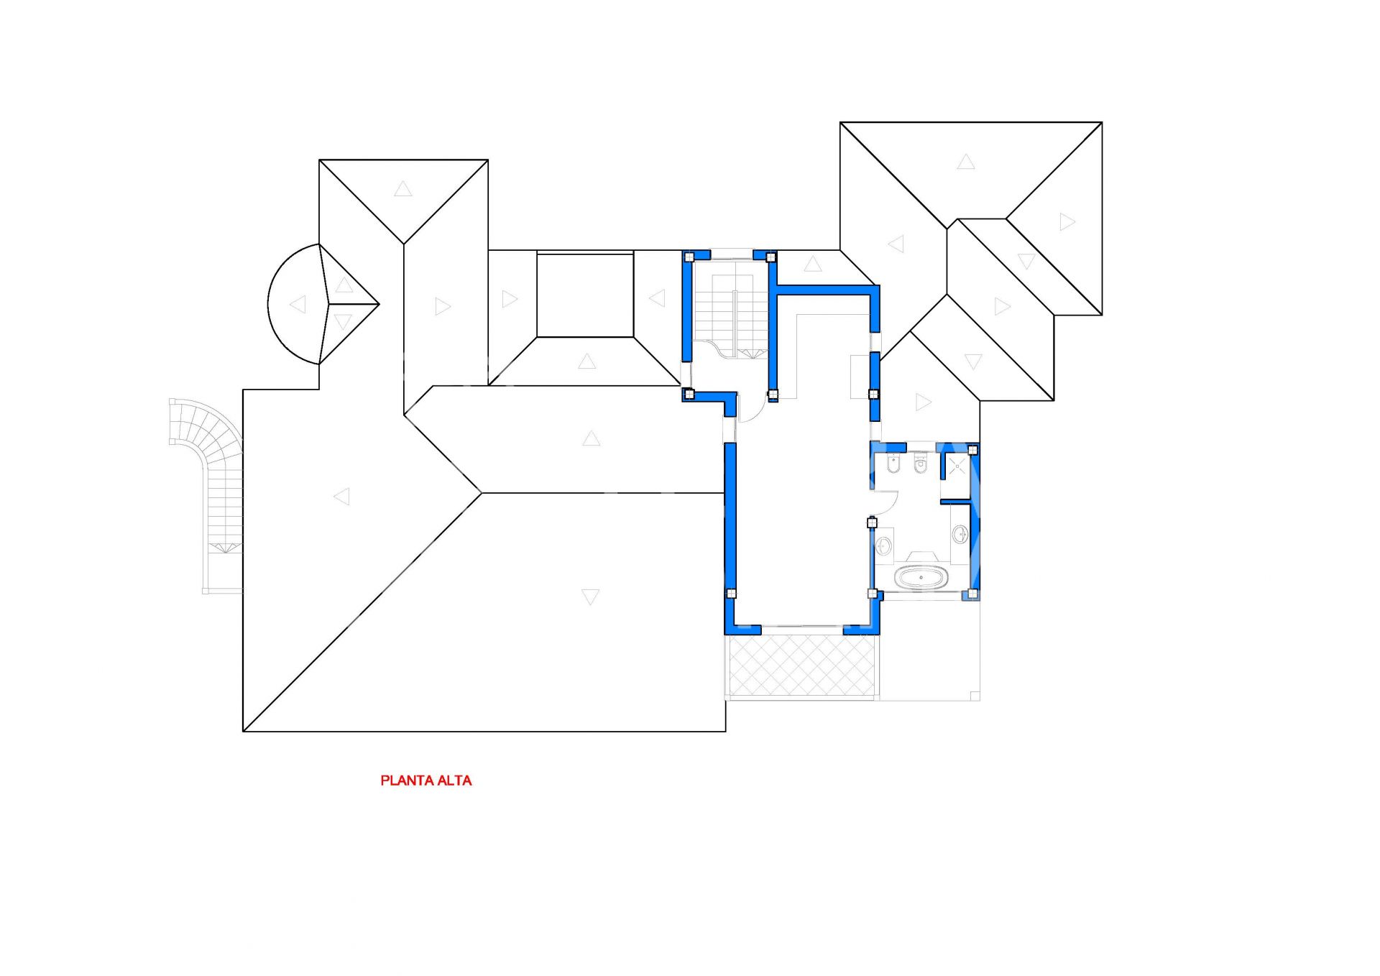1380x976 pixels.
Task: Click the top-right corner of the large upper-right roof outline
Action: [1102, 122]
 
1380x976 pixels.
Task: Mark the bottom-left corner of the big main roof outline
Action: [243, 732]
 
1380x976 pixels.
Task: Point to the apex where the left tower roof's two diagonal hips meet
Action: [404, 244]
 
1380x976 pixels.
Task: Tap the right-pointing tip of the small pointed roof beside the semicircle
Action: [379, 305]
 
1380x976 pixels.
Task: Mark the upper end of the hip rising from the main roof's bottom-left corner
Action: [482, 492]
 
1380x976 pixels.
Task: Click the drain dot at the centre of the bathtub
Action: [921, 577]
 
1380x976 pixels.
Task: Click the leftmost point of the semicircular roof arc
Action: [268, 304]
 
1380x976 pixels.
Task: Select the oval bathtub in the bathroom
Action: [921, 577]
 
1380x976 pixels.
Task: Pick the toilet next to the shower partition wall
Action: [921, 464]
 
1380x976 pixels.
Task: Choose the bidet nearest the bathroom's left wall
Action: [893, 464]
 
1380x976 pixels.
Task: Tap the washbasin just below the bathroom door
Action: [884, 546]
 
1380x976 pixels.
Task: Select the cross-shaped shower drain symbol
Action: [957, 466]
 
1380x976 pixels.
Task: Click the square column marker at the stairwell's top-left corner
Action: [689, 257]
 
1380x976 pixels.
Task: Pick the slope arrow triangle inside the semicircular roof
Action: [298, 304]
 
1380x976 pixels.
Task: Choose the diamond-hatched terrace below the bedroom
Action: [802, 665]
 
